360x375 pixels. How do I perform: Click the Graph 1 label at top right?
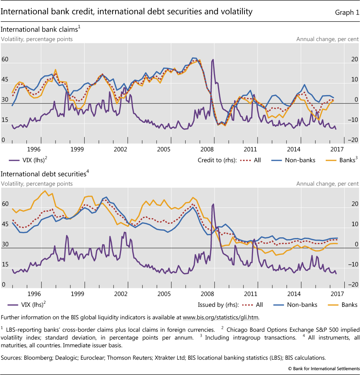click(x=347, y=12)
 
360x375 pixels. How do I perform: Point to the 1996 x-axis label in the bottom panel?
click(x=34, y=294)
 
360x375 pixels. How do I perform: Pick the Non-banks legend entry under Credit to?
click(x=293, y=160)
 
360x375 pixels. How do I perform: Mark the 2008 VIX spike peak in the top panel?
click(x=213, y=60)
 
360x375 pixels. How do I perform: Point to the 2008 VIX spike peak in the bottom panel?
click(x=213, y=204)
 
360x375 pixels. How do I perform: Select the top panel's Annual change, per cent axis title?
click(x=328, y=39)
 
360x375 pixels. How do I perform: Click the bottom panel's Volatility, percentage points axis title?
click(x=37, y=184)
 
